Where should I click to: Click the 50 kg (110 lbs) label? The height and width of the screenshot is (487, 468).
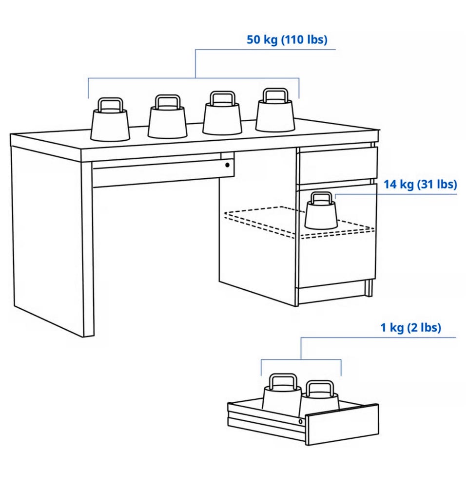pyautogui.click(x=287, y=40)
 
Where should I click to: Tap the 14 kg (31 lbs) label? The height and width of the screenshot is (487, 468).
pyautogui.click(x=420, y=184)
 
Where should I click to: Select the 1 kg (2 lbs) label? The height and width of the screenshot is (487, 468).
pyautogui.click(x=410, y=327)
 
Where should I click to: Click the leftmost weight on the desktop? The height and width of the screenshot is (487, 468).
pyautogui.click(x=110, y=120)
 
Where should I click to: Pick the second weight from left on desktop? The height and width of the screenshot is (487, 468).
pyautogui.click(x=167, y=116)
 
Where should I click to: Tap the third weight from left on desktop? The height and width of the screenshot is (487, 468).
pyautogui.click(x=222, y=113)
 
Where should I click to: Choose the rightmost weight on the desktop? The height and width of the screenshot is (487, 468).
pyautogui.click(x=275, y=110)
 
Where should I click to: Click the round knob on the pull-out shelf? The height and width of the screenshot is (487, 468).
pyautogui.click(x=227, y=165)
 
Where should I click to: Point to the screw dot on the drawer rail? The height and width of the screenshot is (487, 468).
pyautogui.click(x=300, y=421)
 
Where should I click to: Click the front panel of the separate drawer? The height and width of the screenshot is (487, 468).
pyautogui.click(x=342, y=425)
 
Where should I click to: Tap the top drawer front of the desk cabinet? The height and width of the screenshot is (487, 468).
pyautogui.click(x=338, y=165)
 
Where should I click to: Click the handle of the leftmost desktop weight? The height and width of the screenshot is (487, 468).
pyautogui.click(x=110, y=105)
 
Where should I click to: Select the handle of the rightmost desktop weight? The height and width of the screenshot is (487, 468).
pyautogui.click(x=275, y=95)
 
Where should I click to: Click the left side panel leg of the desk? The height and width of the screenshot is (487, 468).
pyautogui.click(x=52, y=239)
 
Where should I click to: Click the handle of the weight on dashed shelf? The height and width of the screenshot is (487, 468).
pyautogui.click(x=322, y=198)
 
